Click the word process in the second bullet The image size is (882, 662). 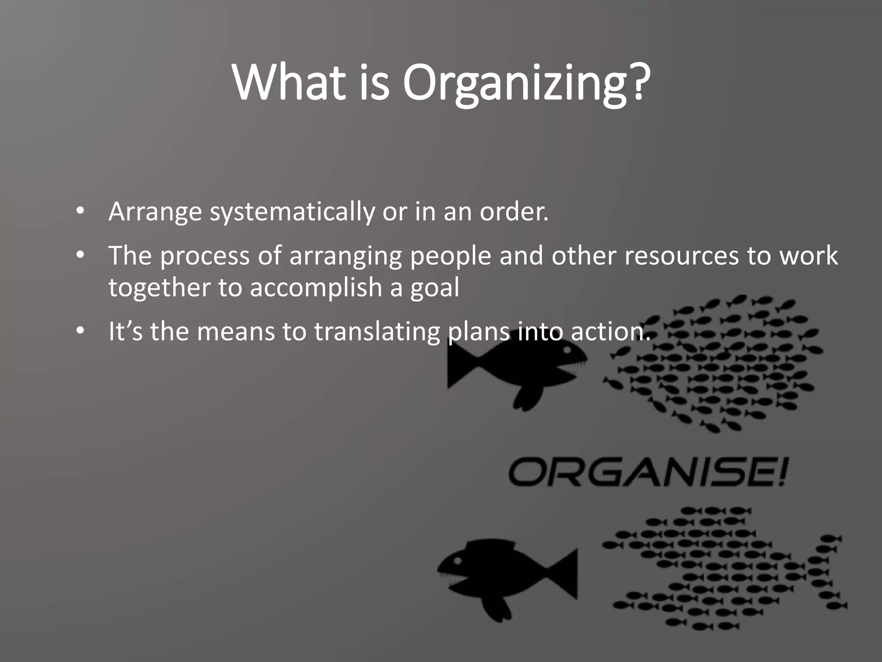click(205, 256)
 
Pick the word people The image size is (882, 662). click(450, 256)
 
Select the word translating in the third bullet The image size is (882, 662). click(377, 332)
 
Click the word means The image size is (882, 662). click(236, 332)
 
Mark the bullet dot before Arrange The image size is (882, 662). click(80, 211)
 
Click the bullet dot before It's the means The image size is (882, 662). click(80, 331)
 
